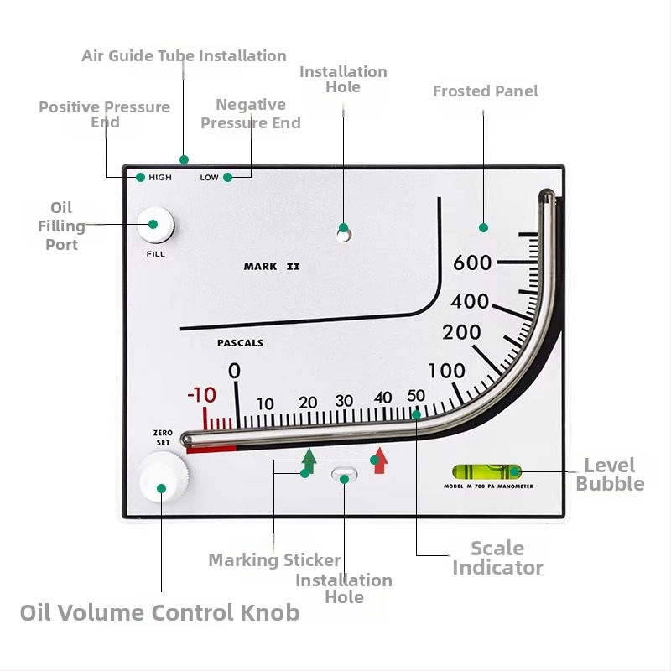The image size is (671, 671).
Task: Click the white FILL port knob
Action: (x=156, y=224)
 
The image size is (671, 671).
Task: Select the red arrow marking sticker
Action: (x=380, y=460)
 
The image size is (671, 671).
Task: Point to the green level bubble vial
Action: (x=486, y=472)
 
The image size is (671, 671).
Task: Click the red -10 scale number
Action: (x=201, y=396)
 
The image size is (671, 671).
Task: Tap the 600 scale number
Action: (x=472, y=263)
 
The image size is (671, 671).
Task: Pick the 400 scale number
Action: (x=470, y=301)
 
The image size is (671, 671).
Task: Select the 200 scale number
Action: (x=462, y=332)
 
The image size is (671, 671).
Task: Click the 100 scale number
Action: (x=446, y=370)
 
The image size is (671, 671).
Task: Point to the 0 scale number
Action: (x=234, y=371)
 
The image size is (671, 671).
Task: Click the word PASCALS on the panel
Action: (x=240, y=343)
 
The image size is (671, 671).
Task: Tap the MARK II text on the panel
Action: (x=271, y=267)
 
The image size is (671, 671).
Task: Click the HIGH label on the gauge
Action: (x=160, y=178)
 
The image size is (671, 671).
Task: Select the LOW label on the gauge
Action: (x=209, y=178)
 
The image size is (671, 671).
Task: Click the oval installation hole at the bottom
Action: (x=344, y=476)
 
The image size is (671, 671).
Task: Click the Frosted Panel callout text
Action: (x=486, y=91)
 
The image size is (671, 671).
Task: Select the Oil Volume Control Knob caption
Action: (x=159, y=612)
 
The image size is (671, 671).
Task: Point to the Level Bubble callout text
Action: (x=610, y=475)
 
